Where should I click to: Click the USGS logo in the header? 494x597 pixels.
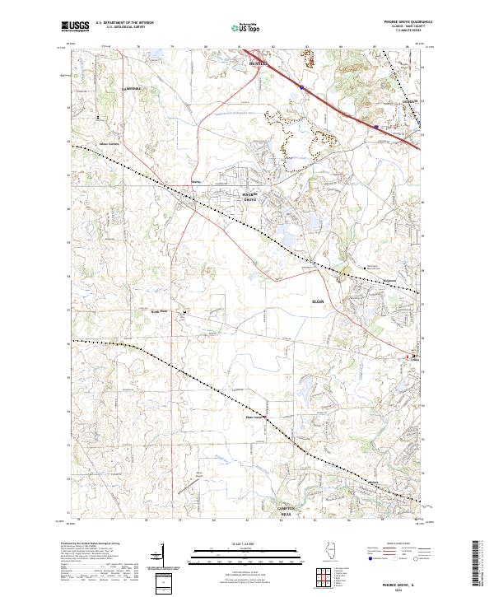74,26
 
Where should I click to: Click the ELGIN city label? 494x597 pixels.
318,303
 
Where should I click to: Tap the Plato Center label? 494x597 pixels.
254,417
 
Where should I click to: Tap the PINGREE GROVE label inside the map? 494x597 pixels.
249,197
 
